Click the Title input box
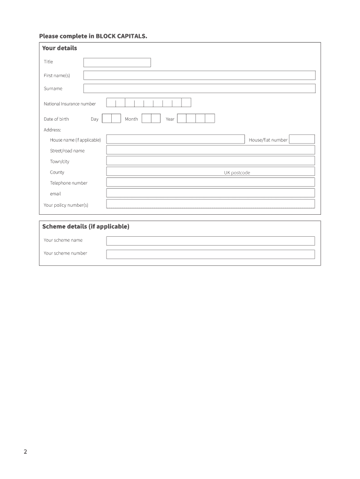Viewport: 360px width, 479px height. (117, 62)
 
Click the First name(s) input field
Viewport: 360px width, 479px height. (199, 75)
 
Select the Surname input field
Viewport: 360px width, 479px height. (199, 88)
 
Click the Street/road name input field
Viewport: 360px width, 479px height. (210, 150)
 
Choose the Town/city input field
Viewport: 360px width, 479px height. (210, 161)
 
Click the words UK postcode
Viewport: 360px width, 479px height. (237, 173)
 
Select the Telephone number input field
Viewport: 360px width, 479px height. (210, 182)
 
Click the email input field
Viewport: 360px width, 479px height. (210, 193)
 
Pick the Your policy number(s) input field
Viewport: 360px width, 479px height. (210, 204)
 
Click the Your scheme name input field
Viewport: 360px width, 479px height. (210, 241)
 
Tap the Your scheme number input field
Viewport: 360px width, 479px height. (210, 254)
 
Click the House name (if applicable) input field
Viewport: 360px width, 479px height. (175, 139)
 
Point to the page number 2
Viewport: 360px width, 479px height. (25, 452)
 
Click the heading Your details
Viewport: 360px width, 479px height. (59, 48)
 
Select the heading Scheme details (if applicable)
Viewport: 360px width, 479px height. (86, 227)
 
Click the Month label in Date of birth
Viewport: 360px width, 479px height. (131, 119)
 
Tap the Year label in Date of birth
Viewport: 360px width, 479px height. (170, 119)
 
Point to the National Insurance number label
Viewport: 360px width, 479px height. (70, 104)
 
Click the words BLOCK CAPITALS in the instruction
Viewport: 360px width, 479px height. (121, 36)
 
